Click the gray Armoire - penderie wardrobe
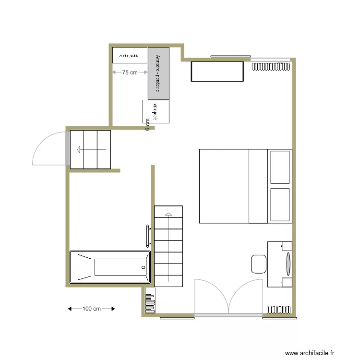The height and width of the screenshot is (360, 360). [159, 73]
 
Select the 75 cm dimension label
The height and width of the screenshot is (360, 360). [129, 72]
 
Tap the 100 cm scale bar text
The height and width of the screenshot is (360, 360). [92, 309]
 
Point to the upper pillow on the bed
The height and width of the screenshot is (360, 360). [280, 167]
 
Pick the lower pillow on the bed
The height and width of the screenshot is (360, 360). [280, 205]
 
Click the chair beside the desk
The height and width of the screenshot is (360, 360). [258, 264]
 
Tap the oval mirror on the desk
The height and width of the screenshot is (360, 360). [288, 264]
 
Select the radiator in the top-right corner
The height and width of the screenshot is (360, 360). [272, 66]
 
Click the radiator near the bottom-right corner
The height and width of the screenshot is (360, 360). [277, 309]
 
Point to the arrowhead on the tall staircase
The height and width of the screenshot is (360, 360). [168, 214]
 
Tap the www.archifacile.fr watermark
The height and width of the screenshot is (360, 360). [309, 353]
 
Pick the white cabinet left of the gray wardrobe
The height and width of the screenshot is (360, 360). [130, 55]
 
